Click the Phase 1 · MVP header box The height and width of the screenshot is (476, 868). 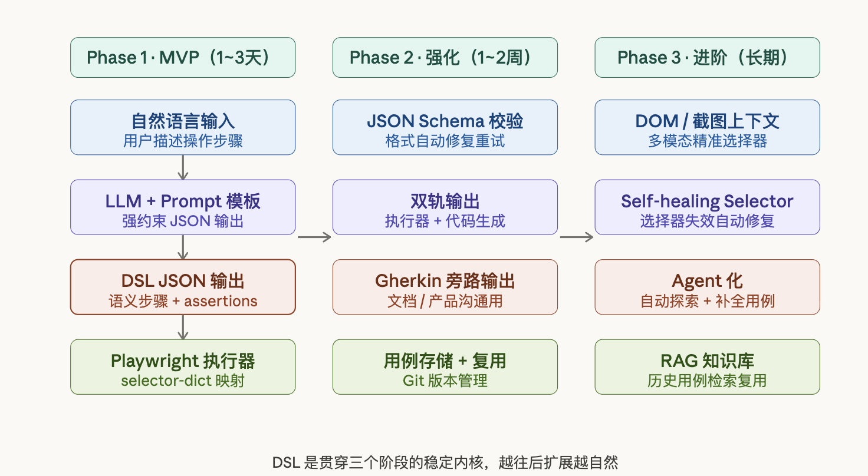tap(183, 57)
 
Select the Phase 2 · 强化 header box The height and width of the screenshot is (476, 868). tap(445, 57)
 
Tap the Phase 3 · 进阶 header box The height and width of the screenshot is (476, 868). tap(707, 57)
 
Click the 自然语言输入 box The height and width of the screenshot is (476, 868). tap(183, 127)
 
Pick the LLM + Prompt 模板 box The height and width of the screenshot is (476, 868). tap(183, 207)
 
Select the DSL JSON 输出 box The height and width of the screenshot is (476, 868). tap(183, 287)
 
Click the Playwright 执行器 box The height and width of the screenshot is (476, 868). tap(183, 366)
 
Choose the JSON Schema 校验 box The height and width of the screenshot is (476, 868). tap(445, 127)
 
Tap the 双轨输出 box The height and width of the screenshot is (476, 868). tap(445, 207)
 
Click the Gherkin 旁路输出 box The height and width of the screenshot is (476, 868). tap(445, 287)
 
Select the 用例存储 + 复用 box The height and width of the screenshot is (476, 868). tap(445, 366)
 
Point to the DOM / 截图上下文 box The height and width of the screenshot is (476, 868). tap(707, 127)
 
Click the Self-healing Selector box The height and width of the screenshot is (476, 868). tap(707, 207)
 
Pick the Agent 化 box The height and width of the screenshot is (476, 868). tap(707, 287)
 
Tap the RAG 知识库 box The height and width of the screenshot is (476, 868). tap(707, 366)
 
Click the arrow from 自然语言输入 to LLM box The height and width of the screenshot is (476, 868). tap(183, 167)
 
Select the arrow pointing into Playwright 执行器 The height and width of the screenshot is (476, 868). tap(183, 327)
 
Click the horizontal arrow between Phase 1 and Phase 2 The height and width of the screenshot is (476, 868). tap(314, 237)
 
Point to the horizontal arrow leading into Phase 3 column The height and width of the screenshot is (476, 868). tap(576, 237)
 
